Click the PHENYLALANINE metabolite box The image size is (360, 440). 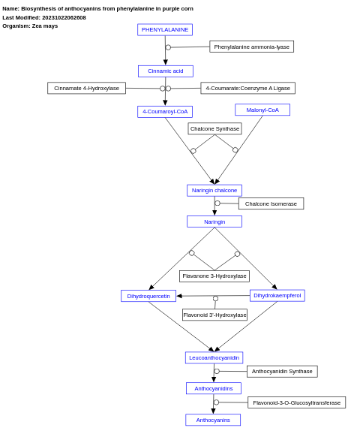coord(165,30)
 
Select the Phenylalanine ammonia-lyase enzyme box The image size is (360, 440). coord(251,47)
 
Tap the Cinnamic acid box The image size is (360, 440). coord(165,71)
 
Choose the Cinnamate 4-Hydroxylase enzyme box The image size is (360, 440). coord(86,88)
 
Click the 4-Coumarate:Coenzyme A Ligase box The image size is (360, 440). coord(247,88)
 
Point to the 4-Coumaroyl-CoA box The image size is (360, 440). coord(165,112)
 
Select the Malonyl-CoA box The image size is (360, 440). coord(262,110)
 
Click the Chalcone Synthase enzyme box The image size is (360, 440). coord(214,128)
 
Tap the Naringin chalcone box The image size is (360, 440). coord(214,191)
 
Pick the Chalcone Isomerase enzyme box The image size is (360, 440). coord(271,203)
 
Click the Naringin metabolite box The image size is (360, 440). coord(214,222)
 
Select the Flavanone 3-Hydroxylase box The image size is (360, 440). coord(214,276)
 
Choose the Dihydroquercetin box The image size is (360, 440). coord(148,296)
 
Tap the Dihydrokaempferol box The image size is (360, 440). coord(277,296)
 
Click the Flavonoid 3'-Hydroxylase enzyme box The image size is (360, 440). coord(214,315)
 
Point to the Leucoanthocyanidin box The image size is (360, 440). coord(214,358)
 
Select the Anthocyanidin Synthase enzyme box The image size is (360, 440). coord(282,372)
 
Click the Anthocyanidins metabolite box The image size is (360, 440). coord(214,388)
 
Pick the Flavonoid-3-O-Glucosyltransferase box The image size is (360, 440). coord(296,402)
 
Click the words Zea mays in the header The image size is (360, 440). coord(44,26)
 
